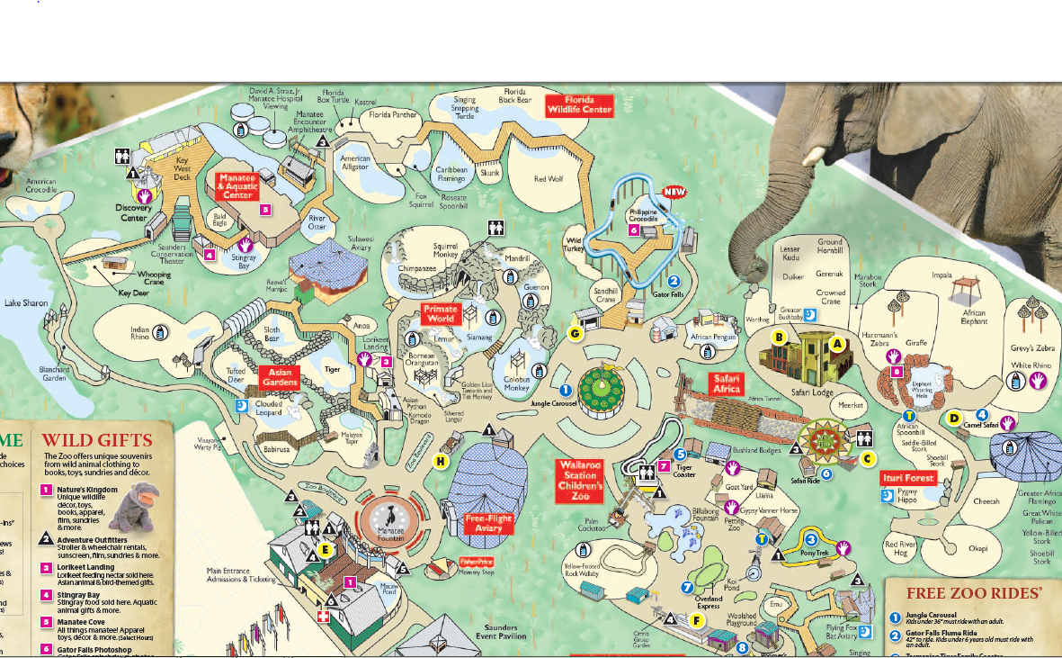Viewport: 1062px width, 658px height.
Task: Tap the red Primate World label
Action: click(x=441, y=314)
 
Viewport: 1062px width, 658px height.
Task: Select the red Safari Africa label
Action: click(x=727, y=383)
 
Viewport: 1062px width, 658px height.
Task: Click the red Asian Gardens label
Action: click(x=279, y=376)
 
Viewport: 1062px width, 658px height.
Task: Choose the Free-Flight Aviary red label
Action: click(x=488, y=524)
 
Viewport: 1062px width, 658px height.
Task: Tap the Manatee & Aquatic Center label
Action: click(x=237, y=186)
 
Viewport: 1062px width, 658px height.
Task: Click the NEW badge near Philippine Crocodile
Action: click(x=675, y=192)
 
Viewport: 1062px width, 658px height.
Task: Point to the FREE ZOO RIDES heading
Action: click(x=974, y=593)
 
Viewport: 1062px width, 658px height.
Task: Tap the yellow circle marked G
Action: click(x=576, y=333)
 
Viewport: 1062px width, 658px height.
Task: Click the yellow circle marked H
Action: click(x=441, y=462)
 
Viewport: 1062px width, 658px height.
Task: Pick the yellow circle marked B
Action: click(x=780, y=338)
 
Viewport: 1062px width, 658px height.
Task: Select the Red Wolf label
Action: click(x=548, y=179)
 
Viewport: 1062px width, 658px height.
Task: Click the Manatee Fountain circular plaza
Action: click(x=391, y=519)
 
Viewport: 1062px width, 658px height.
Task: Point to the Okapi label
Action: click(x=952, y=546)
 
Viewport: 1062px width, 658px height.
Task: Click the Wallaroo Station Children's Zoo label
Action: click(x=580, y=481)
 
